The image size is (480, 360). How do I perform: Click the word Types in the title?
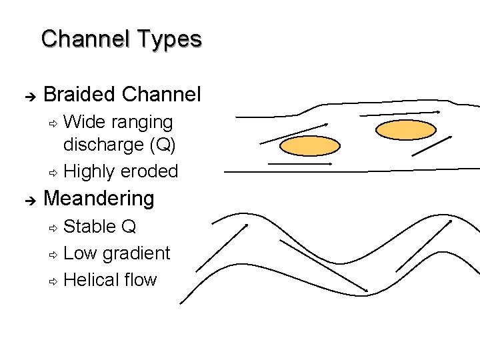click(169, 39)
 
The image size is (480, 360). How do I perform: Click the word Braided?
click(80, 94)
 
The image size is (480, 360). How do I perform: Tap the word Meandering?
click(99, 198)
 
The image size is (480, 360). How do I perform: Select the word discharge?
click(102, 145)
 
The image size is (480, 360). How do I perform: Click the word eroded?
click(149, 171)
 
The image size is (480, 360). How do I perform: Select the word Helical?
click(91, 279)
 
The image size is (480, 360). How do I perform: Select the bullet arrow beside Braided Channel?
click(27, 95)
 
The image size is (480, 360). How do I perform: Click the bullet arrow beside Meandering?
click(27, 199)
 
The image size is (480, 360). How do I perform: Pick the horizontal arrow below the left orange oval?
click(299, 163)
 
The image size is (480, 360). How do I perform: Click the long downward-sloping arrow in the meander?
click(323, 265)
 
